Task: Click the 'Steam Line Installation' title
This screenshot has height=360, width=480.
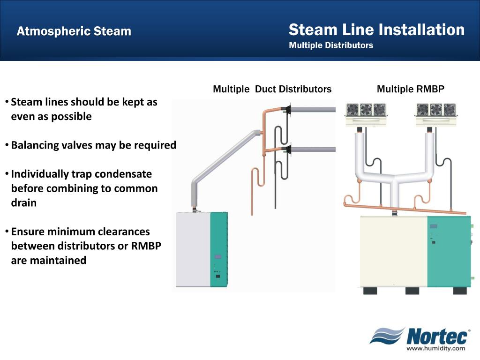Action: pos(376,30)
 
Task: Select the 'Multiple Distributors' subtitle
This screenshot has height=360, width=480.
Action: pos(331,45)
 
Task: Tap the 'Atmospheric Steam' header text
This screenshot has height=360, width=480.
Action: pos(74,31)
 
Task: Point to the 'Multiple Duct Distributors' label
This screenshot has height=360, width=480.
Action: pos(272,89)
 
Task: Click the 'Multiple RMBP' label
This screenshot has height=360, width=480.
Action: pos(410,89)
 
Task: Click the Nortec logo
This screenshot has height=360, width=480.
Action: pos(420,336)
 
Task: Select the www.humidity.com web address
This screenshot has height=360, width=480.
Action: pos(435,348)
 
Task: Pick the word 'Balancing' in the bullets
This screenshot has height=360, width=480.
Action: pos(36,145)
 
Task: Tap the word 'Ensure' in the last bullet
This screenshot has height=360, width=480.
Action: pos(27,232)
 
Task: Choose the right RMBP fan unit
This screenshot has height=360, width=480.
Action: pos(436,114)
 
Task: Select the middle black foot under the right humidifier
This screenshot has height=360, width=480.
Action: pos(412,291)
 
